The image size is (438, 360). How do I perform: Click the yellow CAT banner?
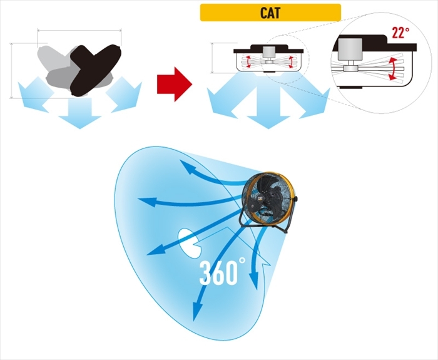tap(270, 13)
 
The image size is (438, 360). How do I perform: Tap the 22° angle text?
tap(400, 33)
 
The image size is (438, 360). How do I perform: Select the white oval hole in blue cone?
tap(188, 242)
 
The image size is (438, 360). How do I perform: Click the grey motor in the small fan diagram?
tap(270, 54)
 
